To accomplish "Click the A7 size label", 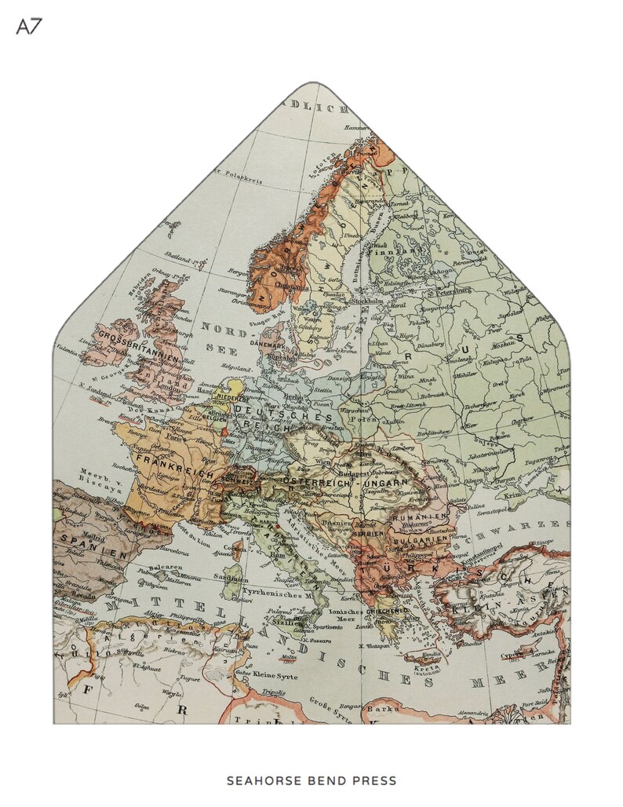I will click(29, 27).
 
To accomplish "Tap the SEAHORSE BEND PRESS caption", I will click(311, 781).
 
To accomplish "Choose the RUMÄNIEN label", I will click(420, 515).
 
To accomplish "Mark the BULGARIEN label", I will click(421, 542).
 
